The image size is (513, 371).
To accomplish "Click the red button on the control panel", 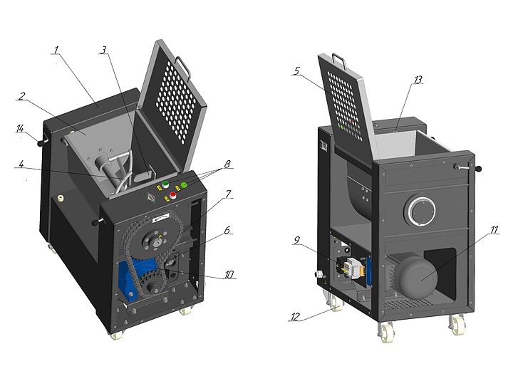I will pos(172,195).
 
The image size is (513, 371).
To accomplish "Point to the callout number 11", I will pos(494,230).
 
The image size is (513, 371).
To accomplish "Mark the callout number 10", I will pos(228,273).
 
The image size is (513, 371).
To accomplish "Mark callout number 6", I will pos(228,231).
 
